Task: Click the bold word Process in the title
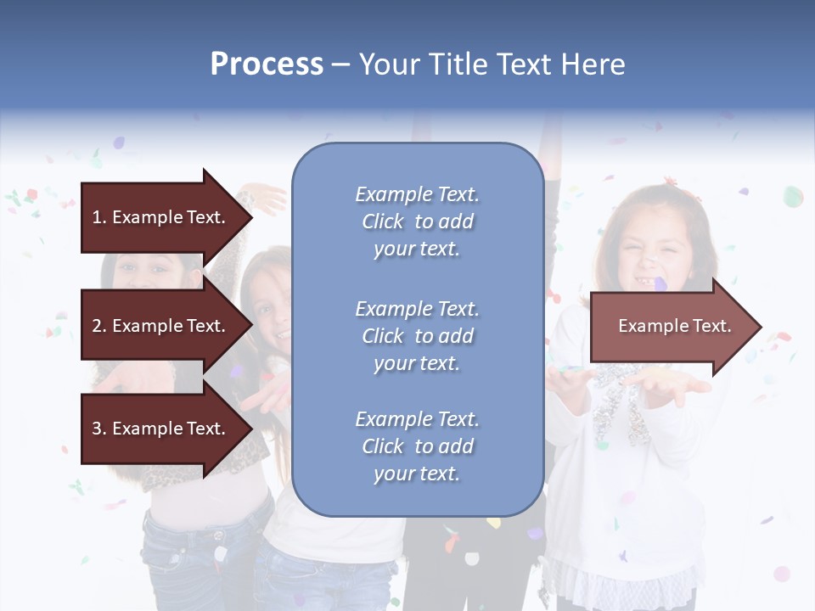point(267,64)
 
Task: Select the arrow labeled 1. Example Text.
point(161,217)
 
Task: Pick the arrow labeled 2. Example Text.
point(161,326)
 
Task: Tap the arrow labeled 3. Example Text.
point(161,429)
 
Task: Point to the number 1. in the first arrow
point(99,217)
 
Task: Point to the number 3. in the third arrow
point(99,429)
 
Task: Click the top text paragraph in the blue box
point(417,221)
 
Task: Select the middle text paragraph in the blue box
point(417,336)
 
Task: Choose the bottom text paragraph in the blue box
point(417,446)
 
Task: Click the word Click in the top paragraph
point(382,221)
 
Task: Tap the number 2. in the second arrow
point(99,326)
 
